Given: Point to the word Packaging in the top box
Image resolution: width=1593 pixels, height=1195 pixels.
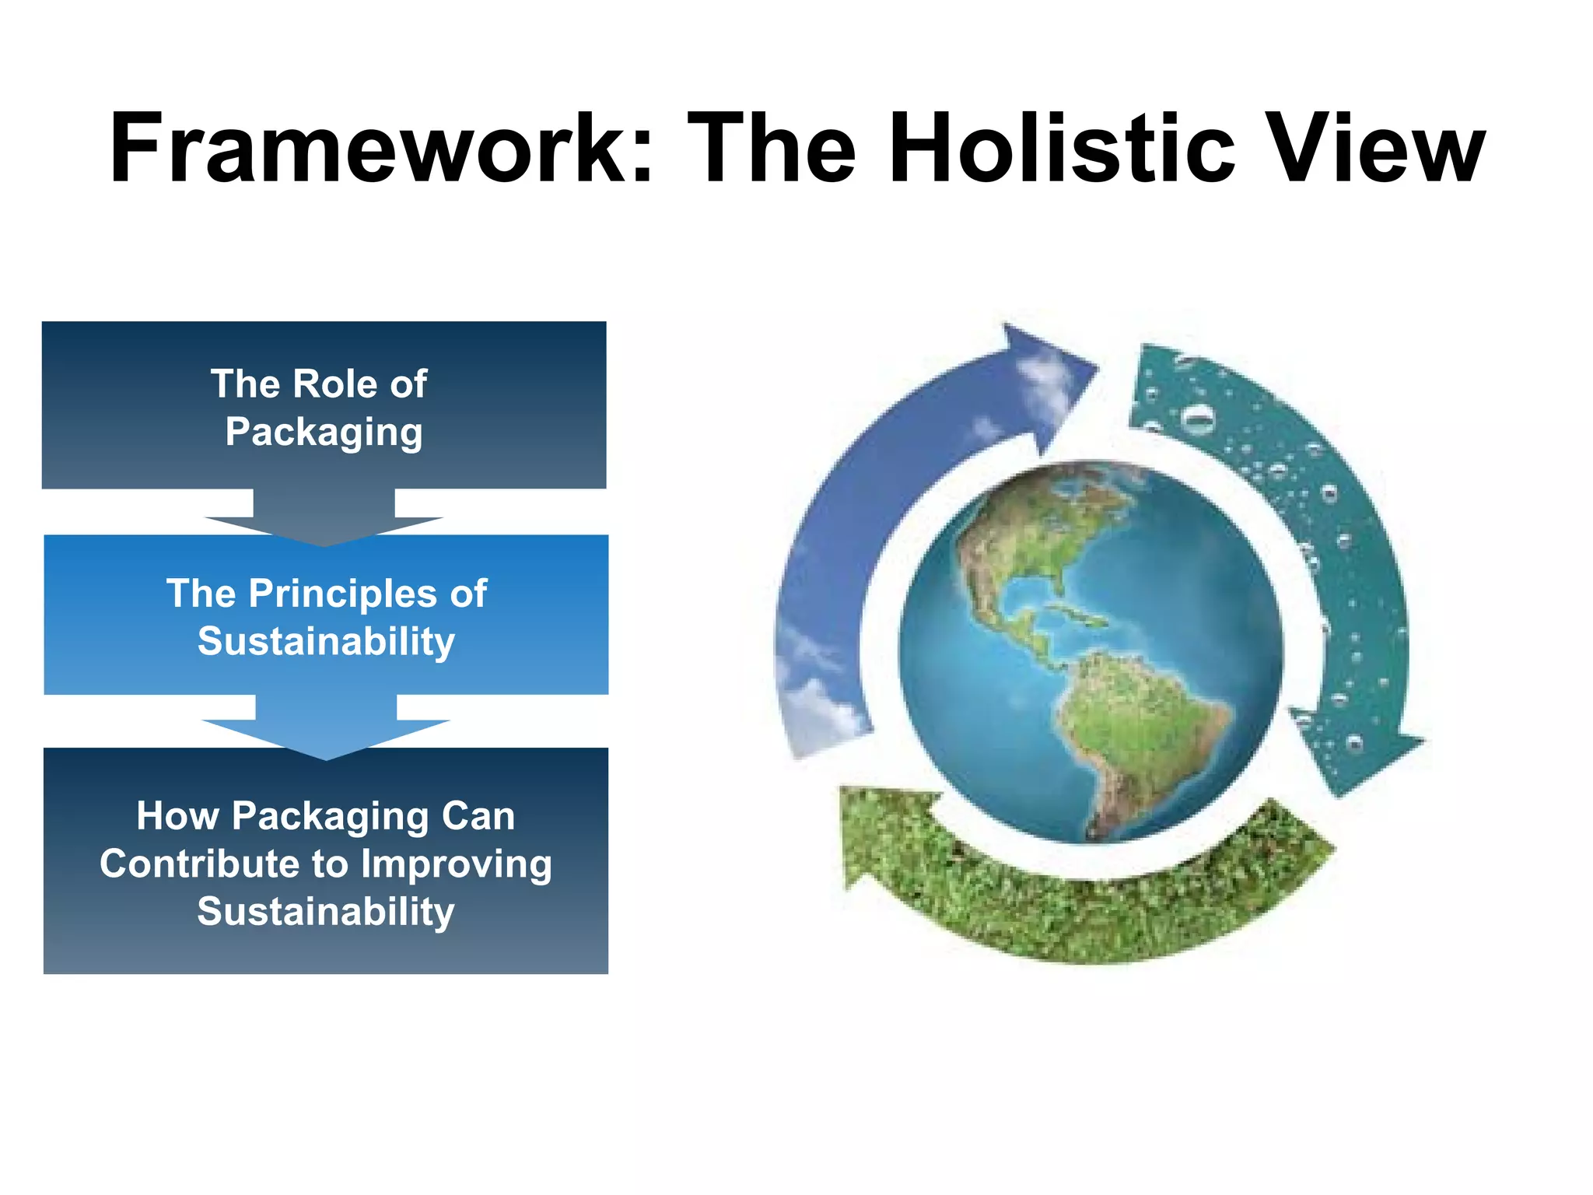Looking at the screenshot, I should (x=324, y=432).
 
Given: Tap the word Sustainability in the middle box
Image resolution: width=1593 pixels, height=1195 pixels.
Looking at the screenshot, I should (x=326, y=641).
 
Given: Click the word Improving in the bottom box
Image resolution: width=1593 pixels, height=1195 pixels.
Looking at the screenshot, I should (x=457, y=864).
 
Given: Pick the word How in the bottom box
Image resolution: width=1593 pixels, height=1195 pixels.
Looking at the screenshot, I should (x=177, y=816).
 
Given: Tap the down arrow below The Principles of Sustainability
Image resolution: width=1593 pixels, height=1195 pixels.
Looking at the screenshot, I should (x=326, y=731).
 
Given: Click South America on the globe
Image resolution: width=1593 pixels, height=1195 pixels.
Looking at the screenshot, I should (x=1136, y=724).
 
